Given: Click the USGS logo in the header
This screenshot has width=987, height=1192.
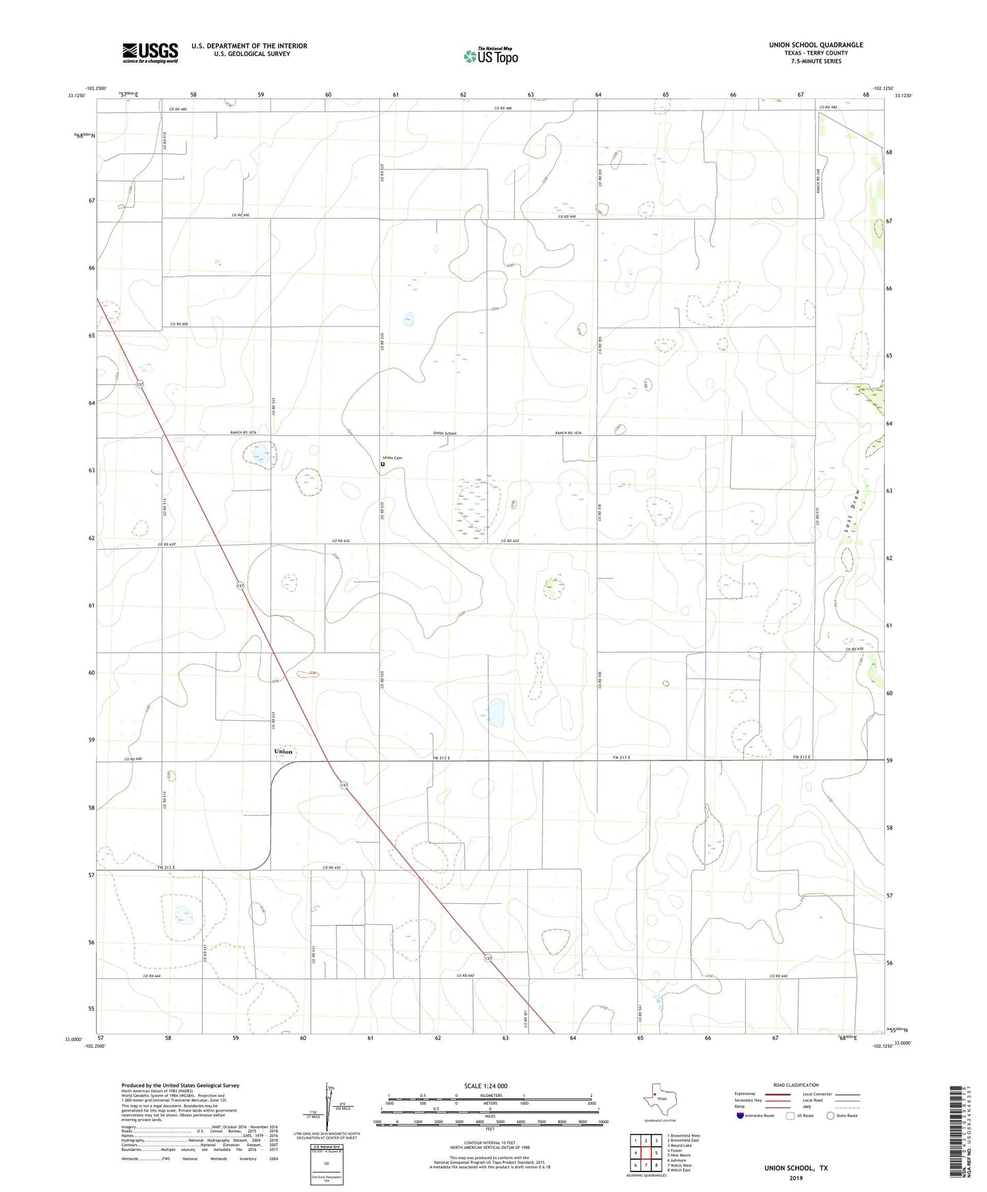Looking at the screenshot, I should (x=150, y=53).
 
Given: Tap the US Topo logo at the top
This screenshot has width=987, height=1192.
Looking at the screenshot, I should (x=490, y=56).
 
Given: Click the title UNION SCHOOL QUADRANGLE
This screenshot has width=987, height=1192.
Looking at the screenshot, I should (x=816, y=45).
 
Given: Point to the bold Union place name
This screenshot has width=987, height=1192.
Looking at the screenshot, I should (x=283, y=752).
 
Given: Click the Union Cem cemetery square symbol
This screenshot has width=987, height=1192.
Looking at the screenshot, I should (x=383, y=464).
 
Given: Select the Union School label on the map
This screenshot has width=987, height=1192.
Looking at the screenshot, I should (x=445, y=434).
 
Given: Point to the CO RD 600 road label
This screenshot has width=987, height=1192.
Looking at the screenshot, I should (x=179, y=324).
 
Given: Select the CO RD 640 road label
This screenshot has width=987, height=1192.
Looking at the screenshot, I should (x=133, y=759).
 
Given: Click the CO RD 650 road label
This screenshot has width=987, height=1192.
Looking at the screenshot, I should (x=332, y=868).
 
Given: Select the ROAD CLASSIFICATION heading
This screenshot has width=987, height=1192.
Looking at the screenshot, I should (x=796, y=1085).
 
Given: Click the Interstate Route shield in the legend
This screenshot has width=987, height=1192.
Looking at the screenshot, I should (x=740, y=1116).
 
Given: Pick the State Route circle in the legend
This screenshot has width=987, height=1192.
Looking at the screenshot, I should (x=830, y=1116).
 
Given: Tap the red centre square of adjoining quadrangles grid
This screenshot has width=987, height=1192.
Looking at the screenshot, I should (x=645, y=1152).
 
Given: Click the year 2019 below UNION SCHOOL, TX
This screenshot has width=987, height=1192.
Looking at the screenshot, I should (x=796, y=1178).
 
